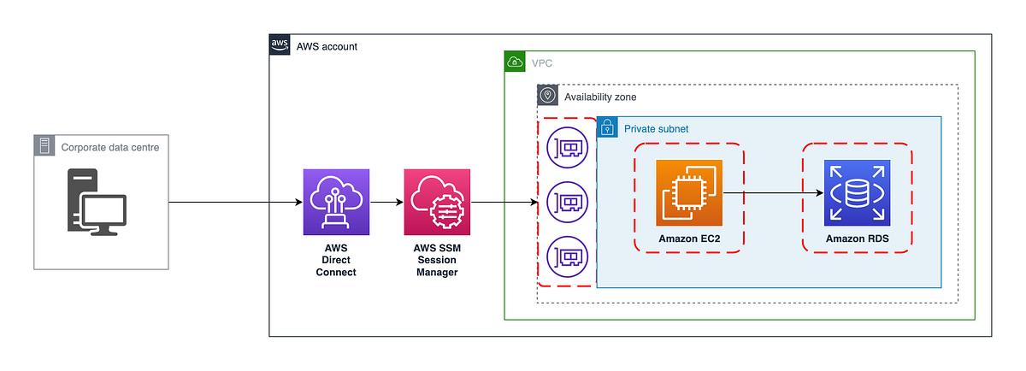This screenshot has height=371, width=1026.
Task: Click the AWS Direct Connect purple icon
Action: [336, 202]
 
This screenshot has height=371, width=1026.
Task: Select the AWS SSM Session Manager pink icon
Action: [437, 202]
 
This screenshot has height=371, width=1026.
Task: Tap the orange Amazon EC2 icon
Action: [689, 193]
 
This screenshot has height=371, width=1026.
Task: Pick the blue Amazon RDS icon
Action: [857, 193]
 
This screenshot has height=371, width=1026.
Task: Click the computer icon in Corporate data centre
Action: [97, 202]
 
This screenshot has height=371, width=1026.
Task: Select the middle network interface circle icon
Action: [568, 203]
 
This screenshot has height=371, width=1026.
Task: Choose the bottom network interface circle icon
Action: [568, 256]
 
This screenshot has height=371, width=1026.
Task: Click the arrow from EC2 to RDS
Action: [773, 194]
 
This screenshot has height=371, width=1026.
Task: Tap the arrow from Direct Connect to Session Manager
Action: [386, 203]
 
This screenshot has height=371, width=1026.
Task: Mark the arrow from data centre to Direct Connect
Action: [235, 203]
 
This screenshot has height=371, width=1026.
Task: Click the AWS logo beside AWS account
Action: [280, 45]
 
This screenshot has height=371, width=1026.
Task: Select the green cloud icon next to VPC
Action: [515, 62]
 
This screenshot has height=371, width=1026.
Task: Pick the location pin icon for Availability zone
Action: [547, 96]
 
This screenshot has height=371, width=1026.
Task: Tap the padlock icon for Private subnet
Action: [607, 127]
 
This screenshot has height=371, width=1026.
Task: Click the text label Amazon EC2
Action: [689, 238]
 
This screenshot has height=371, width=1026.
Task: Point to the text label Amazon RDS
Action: [857, 238]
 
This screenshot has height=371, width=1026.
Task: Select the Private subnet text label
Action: [656, 128]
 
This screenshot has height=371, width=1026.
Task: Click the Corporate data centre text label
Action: [109, 147]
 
